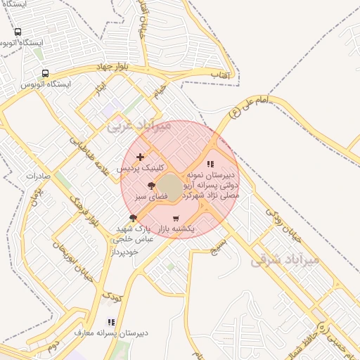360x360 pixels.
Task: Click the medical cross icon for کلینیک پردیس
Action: tap(141, 157)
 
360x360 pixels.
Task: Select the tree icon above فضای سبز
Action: tap(151, 186)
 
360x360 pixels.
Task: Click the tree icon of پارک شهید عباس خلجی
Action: tap(133, 218)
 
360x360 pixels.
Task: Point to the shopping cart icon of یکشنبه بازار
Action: tap(175, 218)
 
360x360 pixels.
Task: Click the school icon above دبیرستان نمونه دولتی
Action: tap(210, 163)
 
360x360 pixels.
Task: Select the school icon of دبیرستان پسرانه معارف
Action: tap(110, 321)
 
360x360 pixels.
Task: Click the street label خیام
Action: tap(160, 91)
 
